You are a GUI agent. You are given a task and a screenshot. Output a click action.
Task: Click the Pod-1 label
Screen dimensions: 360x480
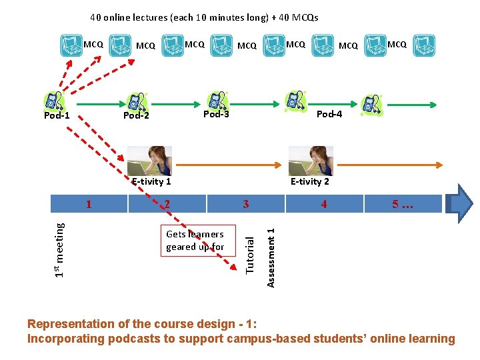point(57,116)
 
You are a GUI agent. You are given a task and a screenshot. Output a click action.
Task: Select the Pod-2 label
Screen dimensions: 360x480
point(136,116)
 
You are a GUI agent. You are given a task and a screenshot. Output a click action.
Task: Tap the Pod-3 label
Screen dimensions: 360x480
point(216,114)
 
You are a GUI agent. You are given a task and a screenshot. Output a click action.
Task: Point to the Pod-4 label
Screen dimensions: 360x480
point(329,114)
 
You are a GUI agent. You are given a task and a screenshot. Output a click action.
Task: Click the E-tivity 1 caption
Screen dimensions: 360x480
point(151,181)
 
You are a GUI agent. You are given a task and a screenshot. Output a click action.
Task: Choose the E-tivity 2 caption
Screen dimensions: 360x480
point(310,181)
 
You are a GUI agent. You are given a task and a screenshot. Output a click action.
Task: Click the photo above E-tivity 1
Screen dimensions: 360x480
point(149,161)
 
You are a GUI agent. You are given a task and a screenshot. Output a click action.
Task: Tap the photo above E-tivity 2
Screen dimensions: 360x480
point(311,161)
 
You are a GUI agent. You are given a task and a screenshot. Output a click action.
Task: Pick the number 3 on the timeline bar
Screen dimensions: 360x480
point(245,204)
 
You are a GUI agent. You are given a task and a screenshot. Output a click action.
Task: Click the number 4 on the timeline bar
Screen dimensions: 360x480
point(324,204)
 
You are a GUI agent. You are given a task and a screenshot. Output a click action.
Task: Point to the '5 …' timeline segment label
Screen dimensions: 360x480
point(403,204)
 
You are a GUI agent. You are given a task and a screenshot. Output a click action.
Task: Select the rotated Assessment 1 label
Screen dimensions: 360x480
point(271,257)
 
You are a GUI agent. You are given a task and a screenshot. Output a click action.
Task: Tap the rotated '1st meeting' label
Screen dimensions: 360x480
point(60,249)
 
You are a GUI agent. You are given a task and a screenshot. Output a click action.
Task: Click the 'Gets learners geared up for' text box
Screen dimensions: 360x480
point(195,241)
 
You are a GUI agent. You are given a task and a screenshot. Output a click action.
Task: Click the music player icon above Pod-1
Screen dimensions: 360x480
point(52,101)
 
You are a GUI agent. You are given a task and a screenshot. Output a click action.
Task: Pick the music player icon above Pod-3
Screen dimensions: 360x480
point(217,99)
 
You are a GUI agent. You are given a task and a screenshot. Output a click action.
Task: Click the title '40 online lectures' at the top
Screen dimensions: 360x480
point(204,17)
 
